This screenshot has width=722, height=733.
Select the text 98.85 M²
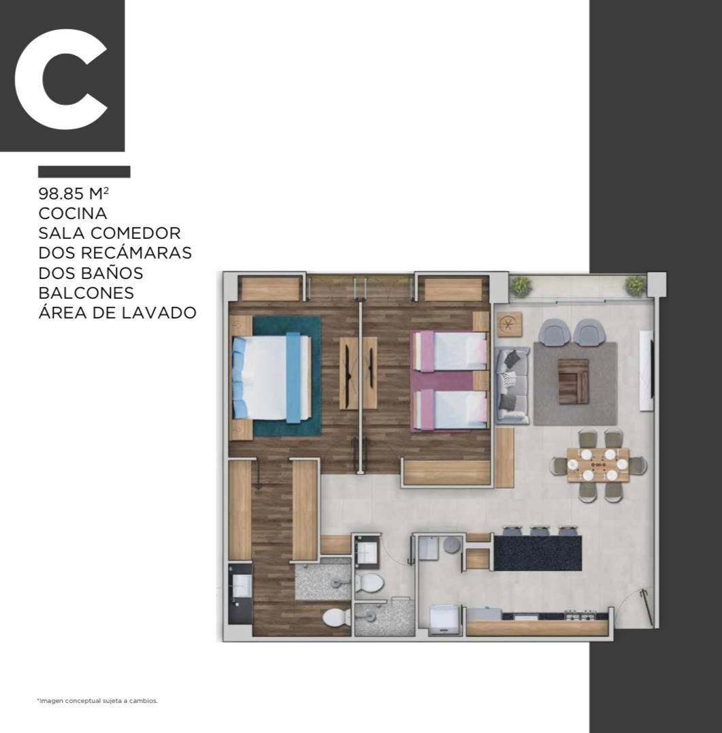coord(74,193)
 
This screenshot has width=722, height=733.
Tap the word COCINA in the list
coord(73,213)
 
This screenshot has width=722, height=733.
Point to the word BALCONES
coord(86,293)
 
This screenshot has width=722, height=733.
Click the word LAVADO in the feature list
coord(159,312)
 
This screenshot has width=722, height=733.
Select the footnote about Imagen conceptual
coord(97,701)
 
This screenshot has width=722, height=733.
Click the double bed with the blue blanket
coord(272,378)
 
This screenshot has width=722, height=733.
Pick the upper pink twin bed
coord(449,351)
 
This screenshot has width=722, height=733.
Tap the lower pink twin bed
coord(449,409)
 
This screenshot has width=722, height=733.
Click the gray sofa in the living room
coord(512,386)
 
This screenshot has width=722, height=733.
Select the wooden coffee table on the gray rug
coord(574,381)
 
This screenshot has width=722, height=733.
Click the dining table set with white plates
coord(598,465)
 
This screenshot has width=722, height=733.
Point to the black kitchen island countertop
coord(538,553)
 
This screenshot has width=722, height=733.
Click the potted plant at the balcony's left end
coord(521,286)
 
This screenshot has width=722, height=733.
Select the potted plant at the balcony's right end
coord(636,285)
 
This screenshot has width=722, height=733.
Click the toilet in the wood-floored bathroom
coord(337,617)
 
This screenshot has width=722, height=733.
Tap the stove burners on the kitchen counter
coord(580,615)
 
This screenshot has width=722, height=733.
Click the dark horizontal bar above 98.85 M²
coord(84,172)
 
